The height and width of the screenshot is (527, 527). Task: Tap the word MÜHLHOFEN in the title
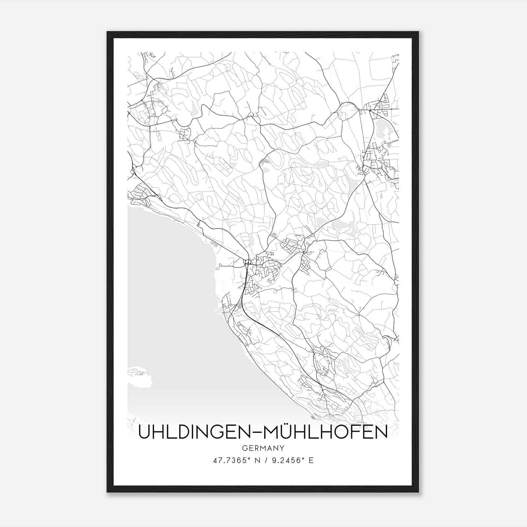pyautogui.click(x=325, y=433)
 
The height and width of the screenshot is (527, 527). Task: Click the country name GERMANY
pyautogui.click(x=263, y=448)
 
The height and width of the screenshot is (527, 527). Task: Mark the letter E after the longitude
pyautogui.click(x=311, y=460)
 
